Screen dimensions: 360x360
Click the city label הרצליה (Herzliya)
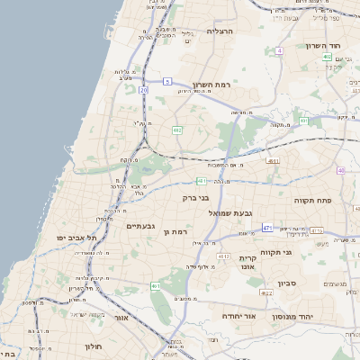tap(220, 31)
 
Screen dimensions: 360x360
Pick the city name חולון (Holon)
tap(94, 346)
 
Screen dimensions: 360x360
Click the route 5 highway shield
tap(167, 82)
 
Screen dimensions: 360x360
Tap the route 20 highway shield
tap(145, 90)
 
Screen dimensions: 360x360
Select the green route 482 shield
tap(177, 130)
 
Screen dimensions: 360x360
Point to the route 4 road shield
tap(279, 51)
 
